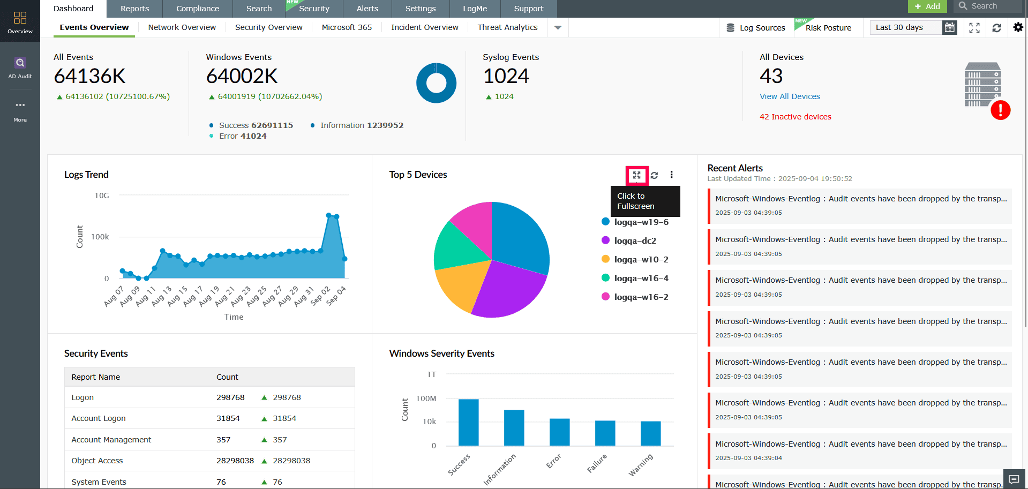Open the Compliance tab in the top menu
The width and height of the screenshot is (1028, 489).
[197, 9]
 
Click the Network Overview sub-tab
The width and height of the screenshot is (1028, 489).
[182, 27]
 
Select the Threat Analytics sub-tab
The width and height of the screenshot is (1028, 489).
[507, 27]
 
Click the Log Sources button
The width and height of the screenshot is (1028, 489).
[755, 28]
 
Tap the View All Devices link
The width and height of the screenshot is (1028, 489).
[789, 96]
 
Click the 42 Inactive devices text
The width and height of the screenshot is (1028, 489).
[795, 117]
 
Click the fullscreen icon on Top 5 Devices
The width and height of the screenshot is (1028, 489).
[636, 175]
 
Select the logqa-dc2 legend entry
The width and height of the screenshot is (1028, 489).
[635, 241]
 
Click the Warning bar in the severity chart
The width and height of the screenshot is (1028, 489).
[650, 433]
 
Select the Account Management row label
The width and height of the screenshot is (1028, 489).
[111, 440]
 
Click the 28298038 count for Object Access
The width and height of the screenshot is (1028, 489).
[235, 461]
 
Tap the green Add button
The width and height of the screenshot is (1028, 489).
[927, 6]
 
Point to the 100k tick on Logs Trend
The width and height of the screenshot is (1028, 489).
[100, 237]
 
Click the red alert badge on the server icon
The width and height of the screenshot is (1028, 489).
[1000, 110]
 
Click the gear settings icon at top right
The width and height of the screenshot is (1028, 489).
[1018, 27]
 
